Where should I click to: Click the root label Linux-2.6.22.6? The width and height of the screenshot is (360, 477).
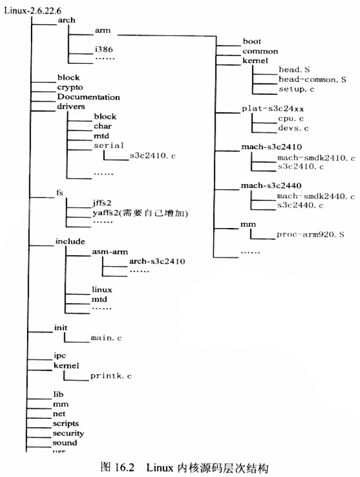tap(28, 11)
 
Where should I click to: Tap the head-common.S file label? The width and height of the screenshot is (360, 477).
tap(312, 80)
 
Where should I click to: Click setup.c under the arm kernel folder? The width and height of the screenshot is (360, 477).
tap(296, 89)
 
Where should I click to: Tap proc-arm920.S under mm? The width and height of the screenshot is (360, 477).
tap(310, 234)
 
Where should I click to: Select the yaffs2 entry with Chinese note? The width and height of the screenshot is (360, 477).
tap(139, 213)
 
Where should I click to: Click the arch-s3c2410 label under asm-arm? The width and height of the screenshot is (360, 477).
tap(157, 261)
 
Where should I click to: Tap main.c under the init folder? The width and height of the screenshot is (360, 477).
tap(106, 338)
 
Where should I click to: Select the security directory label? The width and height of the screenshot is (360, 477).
tap(68, 434)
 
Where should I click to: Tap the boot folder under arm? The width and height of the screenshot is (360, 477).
tap(251, 41)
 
